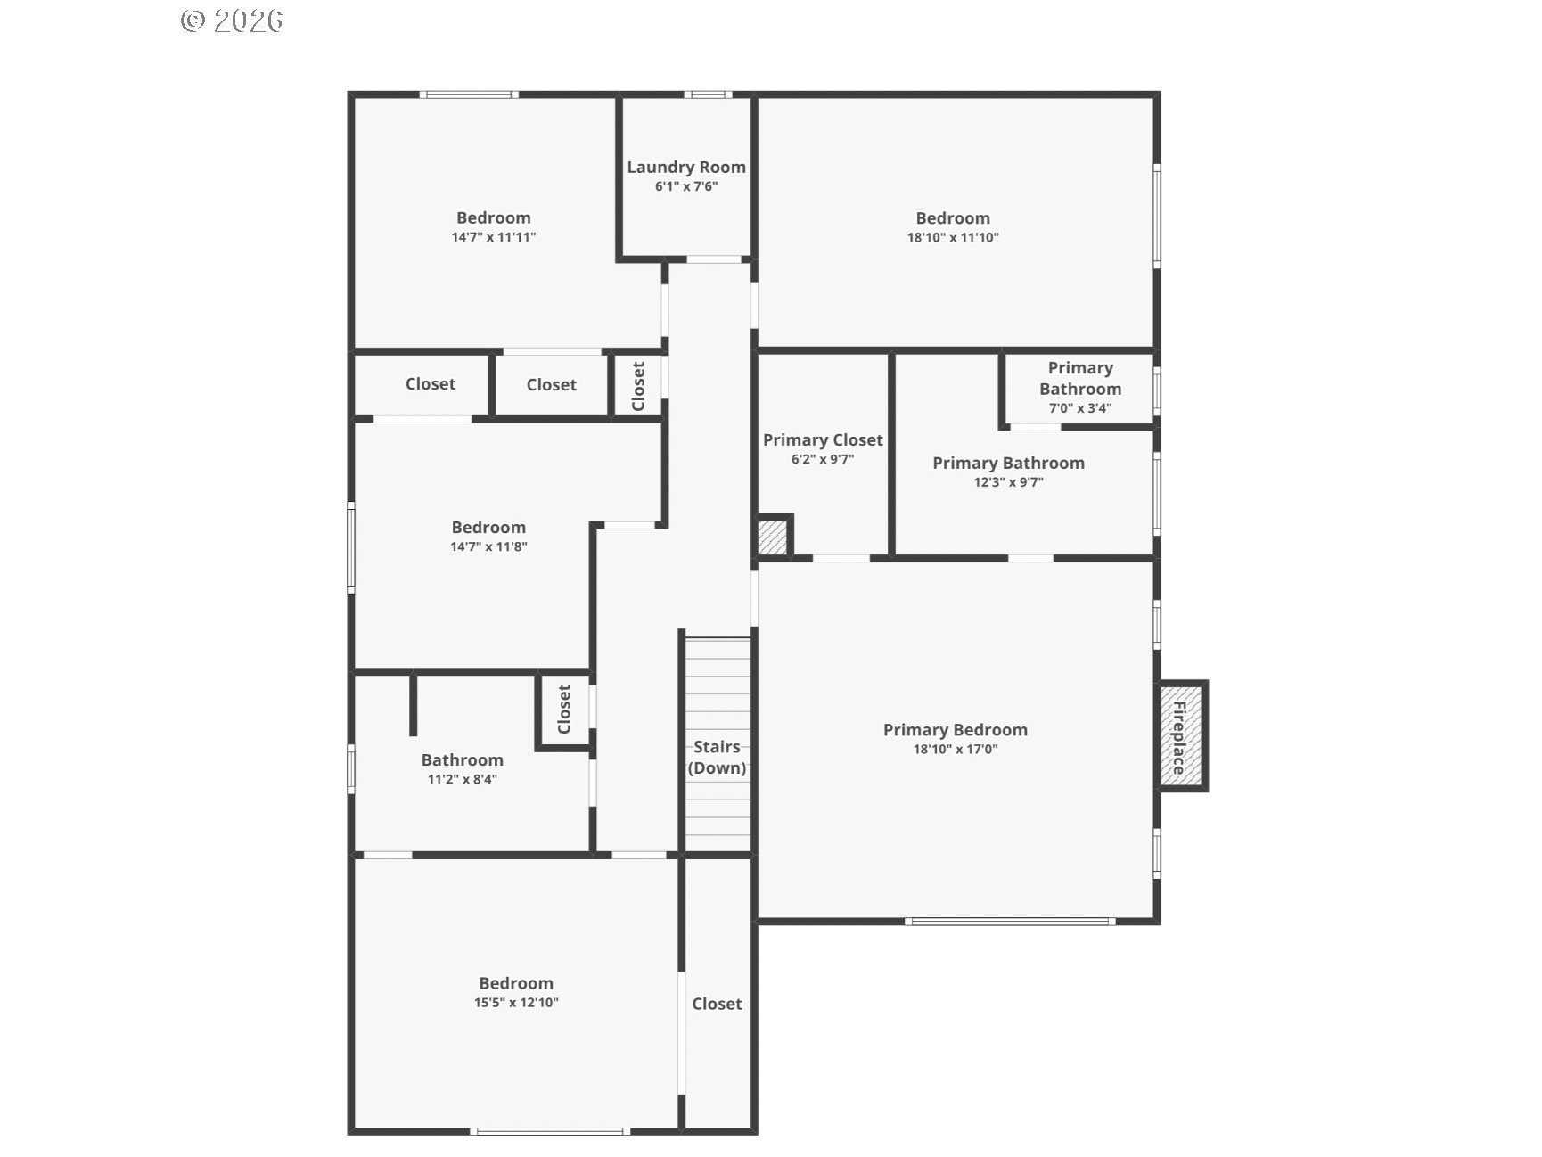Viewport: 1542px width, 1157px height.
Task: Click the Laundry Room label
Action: click(x=686, y=167)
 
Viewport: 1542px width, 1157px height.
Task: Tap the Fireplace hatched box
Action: click(x=1182, y=735)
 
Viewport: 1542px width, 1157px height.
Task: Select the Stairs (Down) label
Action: click(x=717, y=757)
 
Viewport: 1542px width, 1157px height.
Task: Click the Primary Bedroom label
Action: click(x=956, y=730)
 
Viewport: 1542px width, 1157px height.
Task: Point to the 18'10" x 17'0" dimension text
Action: click(x=956, y=750)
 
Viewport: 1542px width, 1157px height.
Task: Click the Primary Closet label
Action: click(x=823, y=439)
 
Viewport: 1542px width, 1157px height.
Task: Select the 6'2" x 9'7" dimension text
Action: click(x=823, y=460)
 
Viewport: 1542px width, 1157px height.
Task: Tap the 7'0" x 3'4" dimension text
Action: click(x=1080, y=408)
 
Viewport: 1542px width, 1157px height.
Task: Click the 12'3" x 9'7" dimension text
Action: click(x=1008, y=482)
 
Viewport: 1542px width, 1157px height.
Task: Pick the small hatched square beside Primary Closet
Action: click(x=773, y=537)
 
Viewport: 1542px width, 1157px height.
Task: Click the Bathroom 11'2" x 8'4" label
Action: click(x=463, y=768)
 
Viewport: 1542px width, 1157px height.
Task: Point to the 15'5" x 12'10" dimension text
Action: click(x=516, y=1003)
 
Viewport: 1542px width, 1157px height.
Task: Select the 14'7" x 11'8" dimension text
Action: click(x=488, y=547)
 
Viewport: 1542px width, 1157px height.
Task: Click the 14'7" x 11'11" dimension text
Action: click(x=494, y=237)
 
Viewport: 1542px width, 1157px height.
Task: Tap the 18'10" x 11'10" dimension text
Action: click(x=953, y=237)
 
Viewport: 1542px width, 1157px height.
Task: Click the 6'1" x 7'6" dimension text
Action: click(x=686, y=186)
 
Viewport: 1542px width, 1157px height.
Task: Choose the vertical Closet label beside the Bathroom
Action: click(x=563, y=710)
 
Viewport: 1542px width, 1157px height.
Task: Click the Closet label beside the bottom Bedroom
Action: click(x=717, y=1004)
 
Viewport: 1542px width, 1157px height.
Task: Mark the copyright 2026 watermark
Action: click(x=232, y=21)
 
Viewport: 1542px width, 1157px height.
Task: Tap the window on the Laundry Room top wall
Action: click(x=709, y=94)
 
